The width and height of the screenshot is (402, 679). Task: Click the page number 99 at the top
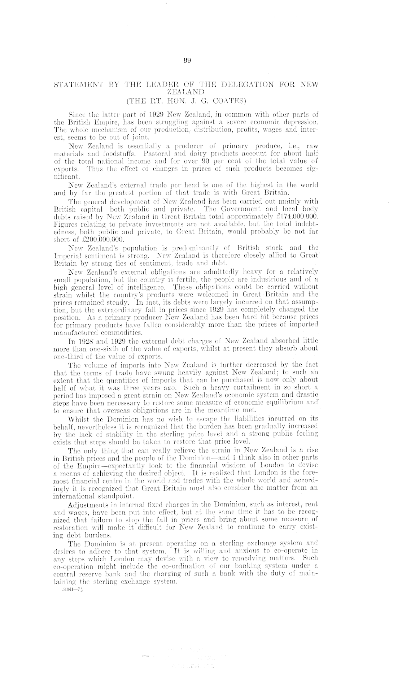(x=187, y=61)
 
